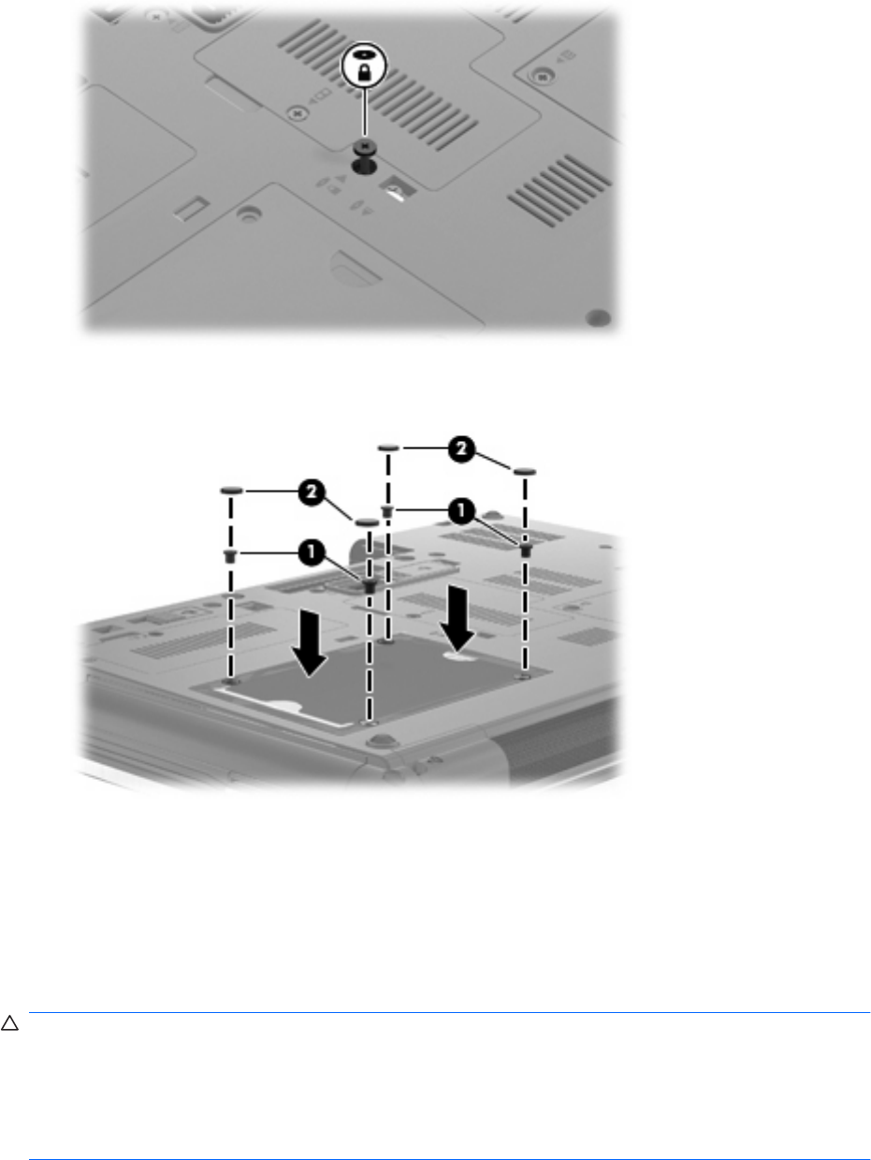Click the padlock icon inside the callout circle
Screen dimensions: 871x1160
pos(364,72)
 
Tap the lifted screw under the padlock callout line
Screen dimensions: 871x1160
pos(364,146)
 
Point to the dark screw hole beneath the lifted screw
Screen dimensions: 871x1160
pos(364,167)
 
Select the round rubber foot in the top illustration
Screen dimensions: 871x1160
pos(598,317)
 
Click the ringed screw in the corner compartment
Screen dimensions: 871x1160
pos(541,76)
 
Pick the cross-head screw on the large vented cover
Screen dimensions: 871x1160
pos(298,112)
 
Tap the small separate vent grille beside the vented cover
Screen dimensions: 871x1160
pos(559,190)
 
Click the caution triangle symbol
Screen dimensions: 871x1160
pos(9,1023)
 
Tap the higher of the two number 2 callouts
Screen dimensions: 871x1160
pos(461,449)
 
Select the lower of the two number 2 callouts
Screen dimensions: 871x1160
pos(312,492)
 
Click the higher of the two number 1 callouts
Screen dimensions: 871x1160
pos(461,510)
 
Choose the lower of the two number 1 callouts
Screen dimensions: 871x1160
pos(312,552)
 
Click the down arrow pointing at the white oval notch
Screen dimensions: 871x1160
pos(457,617)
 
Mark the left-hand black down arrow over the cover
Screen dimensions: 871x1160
pos(310,642)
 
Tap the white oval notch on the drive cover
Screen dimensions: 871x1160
pos(458,656)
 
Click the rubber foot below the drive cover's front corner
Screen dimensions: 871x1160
pos(377,742)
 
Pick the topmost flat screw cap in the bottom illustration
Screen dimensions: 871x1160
pos(388,448)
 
